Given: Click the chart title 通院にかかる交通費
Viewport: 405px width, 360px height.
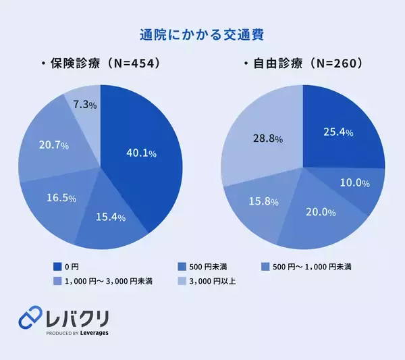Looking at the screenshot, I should pyautogui.click(x=202, y=34).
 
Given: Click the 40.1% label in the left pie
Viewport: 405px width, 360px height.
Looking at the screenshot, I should pyautogui.click(x=141, y=153).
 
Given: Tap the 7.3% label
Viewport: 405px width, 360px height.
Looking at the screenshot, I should pyautogui.click(x=84, y=105).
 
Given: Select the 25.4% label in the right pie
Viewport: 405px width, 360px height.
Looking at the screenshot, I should pyautogui.click(x=339, y=132).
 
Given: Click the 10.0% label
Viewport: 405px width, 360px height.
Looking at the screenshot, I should pyautogui.click(x=354, y=183).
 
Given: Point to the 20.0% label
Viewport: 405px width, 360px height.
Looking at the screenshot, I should pyautogui.click(x=321, y=212).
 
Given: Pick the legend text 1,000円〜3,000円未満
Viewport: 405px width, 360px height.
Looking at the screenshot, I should pyautogui.click(x=108, y=281).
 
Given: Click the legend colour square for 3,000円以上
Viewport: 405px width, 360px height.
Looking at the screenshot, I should pyautogui.click(x=181, y=281).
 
